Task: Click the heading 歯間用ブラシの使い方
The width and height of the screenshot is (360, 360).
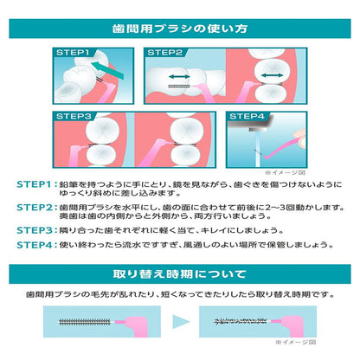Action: (180, 29)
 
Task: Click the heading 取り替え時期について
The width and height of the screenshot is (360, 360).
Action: (180, 273)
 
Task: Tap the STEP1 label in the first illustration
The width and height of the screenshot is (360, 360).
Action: (73, 53)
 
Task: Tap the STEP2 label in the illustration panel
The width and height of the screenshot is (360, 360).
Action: (164, 53)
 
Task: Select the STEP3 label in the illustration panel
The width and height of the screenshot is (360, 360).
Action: (74, 116)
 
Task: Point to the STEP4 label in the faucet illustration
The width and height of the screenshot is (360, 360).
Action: (247, 116)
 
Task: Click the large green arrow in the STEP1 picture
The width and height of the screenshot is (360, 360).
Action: (107, 70)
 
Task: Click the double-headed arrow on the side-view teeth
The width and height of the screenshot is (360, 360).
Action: (179, 77)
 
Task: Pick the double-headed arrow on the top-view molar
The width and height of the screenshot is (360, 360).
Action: (273, 75)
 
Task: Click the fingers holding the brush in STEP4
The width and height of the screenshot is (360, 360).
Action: (299, 138)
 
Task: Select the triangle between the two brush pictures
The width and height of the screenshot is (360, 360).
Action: (181, 322)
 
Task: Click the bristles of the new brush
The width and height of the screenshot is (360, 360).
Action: (85, 322)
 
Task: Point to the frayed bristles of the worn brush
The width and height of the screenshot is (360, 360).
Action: (241, 321)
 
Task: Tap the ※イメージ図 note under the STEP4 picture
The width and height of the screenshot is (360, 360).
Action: (285, 173)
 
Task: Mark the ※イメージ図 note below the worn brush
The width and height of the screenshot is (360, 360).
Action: (296, 342)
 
